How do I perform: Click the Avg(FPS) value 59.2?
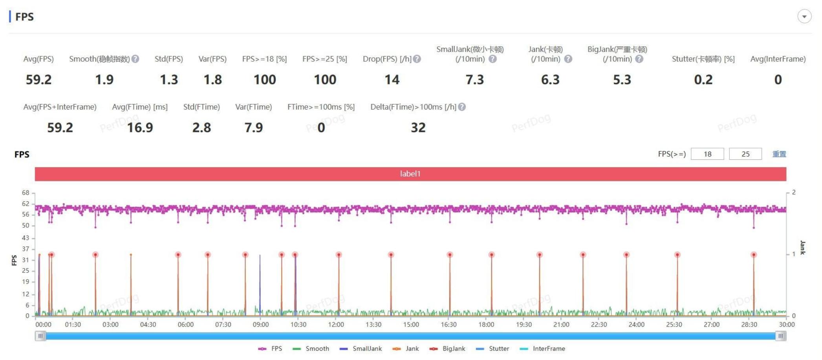pos(38,80)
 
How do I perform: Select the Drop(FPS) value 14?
pos(392,80)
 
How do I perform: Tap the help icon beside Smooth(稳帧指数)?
pos(135,59)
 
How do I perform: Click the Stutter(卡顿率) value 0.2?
pos(703,80)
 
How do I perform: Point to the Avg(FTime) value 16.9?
pos(140,128)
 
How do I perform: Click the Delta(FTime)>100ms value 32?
pos(418,128)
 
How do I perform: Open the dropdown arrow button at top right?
pos(804,16)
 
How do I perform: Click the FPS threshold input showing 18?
pos(707,154)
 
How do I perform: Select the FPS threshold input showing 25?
pos(745,154)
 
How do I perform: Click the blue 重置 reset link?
pos(779,154)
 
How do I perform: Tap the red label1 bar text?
pos(410,174)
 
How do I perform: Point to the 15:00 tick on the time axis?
pos(411,325)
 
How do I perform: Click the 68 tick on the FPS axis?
pos(26,193)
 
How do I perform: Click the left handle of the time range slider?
pos(40,336)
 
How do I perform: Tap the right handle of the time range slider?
pos(781,336)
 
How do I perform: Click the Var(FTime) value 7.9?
pos(253,128)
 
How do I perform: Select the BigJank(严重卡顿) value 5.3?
pos(622,80)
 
